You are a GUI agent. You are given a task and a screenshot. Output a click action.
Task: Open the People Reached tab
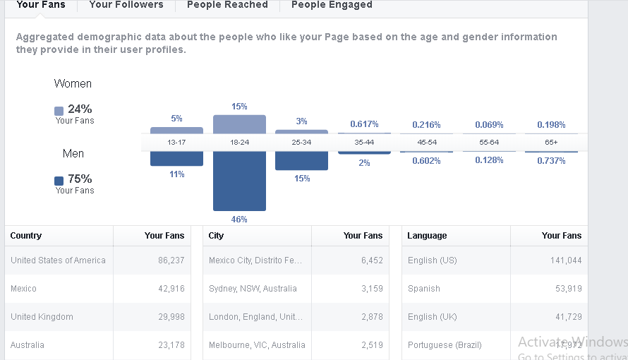click(x=227, y=5)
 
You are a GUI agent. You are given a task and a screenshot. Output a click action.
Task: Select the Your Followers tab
click(x=126, y=5)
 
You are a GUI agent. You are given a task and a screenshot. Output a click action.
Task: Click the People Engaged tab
click(x=332, y=5)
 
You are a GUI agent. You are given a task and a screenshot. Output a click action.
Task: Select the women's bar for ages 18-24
click(x=239, y=124)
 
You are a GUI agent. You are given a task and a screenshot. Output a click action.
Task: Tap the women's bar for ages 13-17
click(x=176, y=131)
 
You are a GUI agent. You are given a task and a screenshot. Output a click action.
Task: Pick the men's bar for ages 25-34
click(x=301, y=160)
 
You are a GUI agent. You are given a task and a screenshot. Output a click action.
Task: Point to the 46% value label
click(x=239, y=220)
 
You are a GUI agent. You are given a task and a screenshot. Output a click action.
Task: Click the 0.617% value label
click(x=364, y=124)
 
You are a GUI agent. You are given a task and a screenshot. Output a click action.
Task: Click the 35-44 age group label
click(x=364, y=143)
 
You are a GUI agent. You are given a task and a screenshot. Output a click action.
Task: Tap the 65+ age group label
click(x=550, y=143)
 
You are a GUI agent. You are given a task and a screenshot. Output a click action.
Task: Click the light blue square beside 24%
click(x=59, y=111)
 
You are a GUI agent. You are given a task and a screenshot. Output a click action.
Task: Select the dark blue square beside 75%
click(x=59, y=181)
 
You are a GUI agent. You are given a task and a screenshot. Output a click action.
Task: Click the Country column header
click(x=26, y=236)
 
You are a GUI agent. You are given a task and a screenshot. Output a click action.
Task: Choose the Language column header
click(x=427, y=236)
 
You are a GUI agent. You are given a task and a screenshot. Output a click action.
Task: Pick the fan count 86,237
click(x=171, y=260)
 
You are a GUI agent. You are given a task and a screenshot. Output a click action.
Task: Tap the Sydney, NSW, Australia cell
click(x=253, y=289)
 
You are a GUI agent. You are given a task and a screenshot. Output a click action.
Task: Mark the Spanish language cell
click(x=423, y=289)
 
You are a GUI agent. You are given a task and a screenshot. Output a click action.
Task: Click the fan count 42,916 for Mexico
click(x=171, y=289)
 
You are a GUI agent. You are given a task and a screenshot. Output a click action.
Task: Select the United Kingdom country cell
click(x=42, y=317)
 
